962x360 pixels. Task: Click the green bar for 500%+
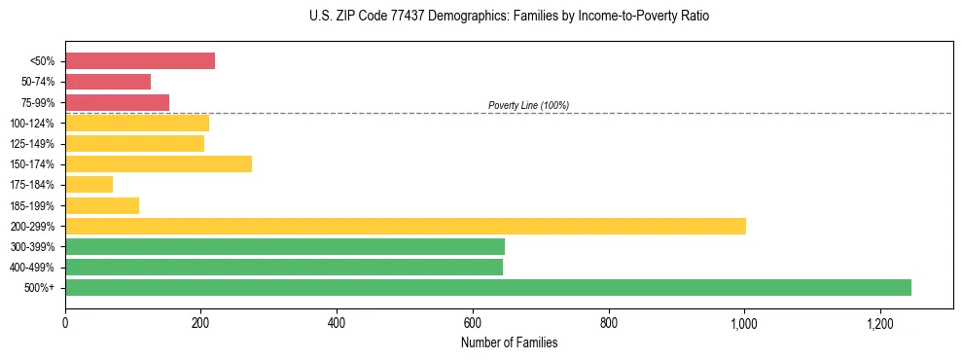(x=487, y=287)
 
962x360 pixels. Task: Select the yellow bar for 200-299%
(x=405, y=226)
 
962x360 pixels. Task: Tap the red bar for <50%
(x=139, y=61)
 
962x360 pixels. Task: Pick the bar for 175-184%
(x=89, y=184)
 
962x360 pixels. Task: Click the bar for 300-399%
(x=284, y=246)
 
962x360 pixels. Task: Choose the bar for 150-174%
(x=158, y=163)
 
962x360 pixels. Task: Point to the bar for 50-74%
(x=107, y=82)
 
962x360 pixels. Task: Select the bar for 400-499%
(x=283, y=267)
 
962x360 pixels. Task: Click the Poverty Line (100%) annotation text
(x=528, y=105)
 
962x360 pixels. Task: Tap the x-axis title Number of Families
(x=509, y=342)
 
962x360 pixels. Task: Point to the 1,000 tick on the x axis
(x=744, y=323)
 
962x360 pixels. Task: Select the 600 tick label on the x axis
(x=473, y=323)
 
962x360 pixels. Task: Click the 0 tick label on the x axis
(x=65, y=323)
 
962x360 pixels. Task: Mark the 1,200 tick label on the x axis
(x=879, y=323)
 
